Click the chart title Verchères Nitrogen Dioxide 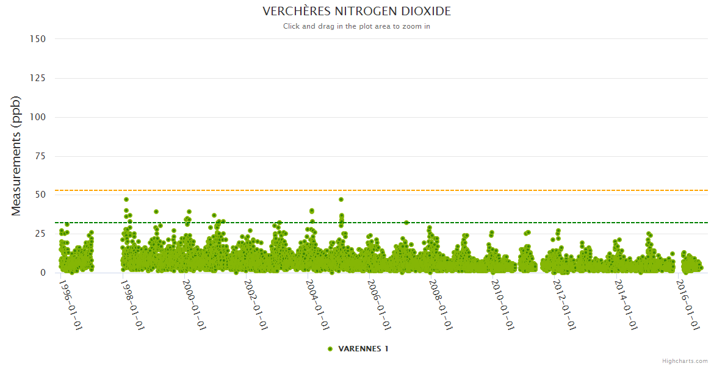[x=356, y=12]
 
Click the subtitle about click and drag [x=356, y=26]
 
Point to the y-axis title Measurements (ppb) [x=16, y=156]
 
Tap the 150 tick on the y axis [x=38, y=39]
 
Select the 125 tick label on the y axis [x=38, y=78]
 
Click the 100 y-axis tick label [x=38, y=117]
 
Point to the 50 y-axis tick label [x=40, y=195]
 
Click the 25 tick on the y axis [x=40, y=234]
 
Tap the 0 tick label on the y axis [x=43, y=273]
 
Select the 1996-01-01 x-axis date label [x=70, y=304]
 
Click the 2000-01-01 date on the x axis [x=193, y=304]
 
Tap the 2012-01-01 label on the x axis [x=564, y=304]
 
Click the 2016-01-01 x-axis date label [x=687, y=304]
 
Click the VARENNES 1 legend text [x=363, y=349]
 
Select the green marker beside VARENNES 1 [x=330, y=349]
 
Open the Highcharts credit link [x=685, y=361]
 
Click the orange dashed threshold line [x=427, y=191]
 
